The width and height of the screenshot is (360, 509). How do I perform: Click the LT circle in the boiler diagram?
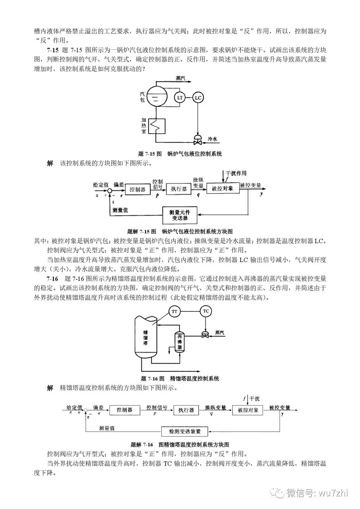click(180, 98)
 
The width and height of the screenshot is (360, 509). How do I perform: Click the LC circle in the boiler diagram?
click(198, 98)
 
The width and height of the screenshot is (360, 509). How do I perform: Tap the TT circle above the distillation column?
click(174, 312)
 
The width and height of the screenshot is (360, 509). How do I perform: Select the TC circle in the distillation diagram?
click(206, 311)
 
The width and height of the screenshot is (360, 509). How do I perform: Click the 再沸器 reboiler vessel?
click(180, 342)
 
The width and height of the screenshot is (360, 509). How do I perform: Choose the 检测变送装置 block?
click(185, 431)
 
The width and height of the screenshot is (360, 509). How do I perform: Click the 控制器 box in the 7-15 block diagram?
click(137, 189)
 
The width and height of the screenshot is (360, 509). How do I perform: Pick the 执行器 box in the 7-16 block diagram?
click(186, 410)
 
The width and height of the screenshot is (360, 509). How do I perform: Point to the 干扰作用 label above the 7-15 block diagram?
click(236, 173)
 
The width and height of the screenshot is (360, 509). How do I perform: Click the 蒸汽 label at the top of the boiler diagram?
click(180, 78)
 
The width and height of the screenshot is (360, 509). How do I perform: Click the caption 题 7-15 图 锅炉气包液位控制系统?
click(180, 154)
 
